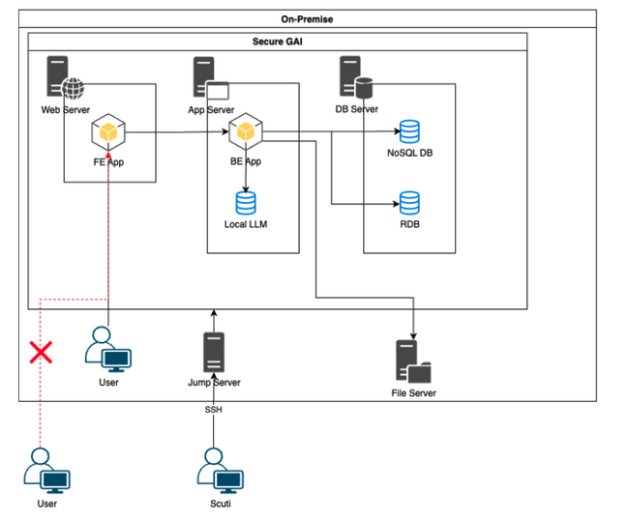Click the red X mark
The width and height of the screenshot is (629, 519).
point(40,351)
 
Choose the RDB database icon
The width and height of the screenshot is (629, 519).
point(409,203)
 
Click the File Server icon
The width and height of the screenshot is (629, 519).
point(413,362)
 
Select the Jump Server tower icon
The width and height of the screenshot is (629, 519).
point(213,353)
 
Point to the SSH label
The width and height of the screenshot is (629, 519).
point(214,410)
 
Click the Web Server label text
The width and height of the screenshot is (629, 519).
point(64,110)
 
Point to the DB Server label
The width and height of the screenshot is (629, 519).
point(356,110)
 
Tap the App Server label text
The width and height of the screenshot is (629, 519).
point(212,110)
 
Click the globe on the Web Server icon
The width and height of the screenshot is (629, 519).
point(74,90)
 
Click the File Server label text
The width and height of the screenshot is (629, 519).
point(413,393)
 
